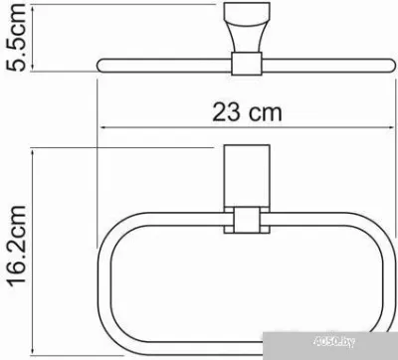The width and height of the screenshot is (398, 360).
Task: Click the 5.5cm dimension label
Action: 15,37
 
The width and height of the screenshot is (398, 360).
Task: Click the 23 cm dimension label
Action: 247,112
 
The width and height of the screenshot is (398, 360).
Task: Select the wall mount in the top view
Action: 247,27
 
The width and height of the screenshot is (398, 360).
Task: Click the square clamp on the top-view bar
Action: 247,64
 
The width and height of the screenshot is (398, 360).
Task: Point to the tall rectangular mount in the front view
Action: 247,176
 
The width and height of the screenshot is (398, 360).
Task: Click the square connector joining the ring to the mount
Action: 247,220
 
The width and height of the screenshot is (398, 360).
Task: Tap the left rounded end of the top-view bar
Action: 99,65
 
